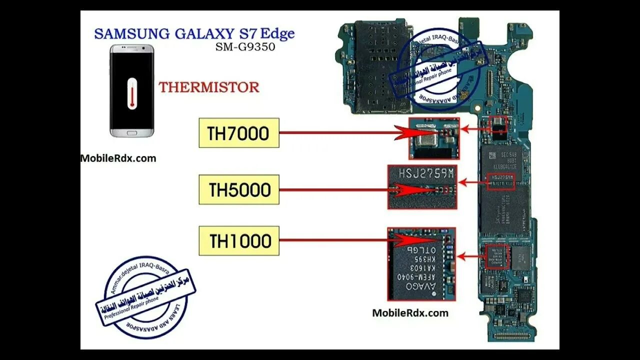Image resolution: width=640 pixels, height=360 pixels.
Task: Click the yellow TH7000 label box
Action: [238, 133]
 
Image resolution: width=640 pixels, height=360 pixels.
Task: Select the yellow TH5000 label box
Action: [239, 189]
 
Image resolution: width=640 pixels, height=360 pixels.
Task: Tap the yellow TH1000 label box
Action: [239, 240]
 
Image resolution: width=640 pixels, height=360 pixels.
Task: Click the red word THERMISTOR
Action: [209, 87]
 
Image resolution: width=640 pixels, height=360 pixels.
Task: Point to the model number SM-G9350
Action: [245, 48]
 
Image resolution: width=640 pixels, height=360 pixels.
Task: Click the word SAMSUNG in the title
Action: [132, 34]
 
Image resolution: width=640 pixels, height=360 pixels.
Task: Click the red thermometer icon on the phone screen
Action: [131, 92]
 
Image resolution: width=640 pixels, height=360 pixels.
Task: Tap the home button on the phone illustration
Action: [131, 133]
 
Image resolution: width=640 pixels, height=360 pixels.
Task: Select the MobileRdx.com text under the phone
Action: [118, 158]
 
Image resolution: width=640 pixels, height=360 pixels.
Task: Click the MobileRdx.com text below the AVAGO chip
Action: [410, 313]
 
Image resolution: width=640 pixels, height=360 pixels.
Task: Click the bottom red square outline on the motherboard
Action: [497, 256]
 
